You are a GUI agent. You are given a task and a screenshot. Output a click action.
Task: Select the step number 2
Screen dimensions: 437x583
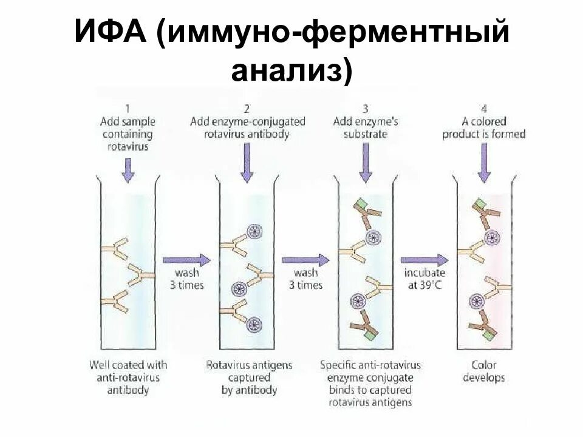click(x=247, y=109)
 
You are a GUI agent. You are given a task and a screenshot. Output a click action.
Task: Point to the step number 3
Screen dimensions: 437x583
click(x=365, y=109)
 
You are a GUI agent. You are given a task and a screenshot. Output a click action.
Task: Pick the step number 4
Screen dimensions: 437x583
click(x=483, y=109)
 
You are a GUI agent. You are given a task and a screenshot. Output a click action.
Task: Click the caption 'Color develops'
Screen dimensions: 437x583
click(x=483, y=371)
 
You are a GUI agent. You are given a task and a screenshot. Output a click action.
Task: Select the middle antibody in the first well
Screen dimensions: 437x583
click(x=138, y=277)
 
